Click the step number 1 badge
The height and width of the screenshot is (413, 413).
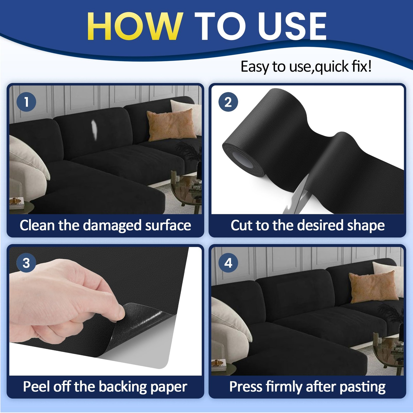point(26,102)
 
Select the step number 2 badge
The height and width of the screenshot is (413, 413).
point(228,102)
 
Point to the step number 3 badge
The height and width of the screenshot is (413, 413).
point(26,263)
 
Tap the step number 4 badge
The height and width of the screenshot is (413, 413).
point(228,263)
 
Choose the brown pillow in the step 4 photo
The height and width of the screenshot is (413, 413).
point(373,286)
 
